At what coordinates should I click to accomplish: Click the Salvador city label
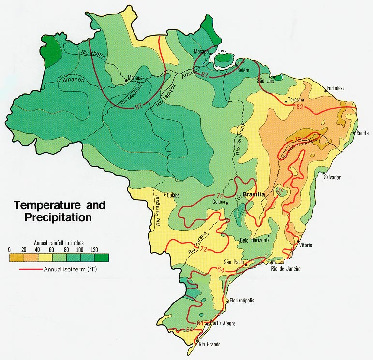[x=332, y=177]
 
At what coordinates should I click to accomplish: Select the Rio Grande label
[x=210, y=344]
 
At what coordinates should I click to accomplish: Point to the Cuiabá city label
[x=173, y=195]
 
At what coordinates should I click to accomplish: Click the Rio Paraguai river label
[x=157, y=213]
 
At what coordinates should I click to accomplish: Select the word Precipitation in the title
[x=53, y=217]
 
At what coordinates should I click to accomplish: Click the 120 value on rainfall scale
[x=94, y=249]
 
